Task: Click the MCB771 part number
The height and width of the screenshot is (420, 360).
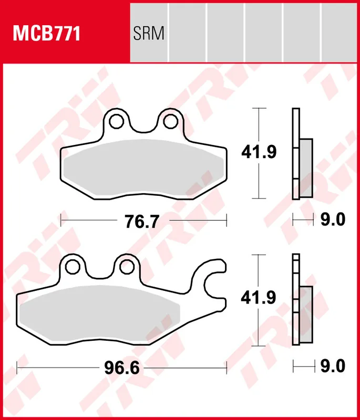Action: [x=47, y=34]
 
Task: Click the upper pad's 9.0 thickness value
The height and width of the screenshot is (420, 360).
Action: [x=332, y=220]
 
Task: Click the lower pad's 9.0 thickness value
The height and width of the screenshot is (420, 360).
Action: [x=332, y=366]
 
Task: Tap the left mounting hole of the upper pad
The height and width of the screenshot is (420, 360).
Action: [x=117, y=121]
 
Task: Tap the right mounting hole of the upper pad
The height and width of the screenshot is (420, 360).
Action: [x=169, y=121]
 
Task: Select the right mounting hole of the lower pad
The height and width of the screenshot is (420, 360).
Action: [x=125, y=267]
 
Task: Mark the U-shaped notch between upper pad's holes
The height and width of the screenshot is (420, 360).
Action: [x=143, y=126]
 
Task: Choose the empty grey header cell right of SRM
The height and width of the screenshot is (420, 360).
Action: [x=187, y=31]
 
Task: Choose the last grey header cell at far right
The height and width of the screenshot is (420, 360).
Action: [x=340, y=31]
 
